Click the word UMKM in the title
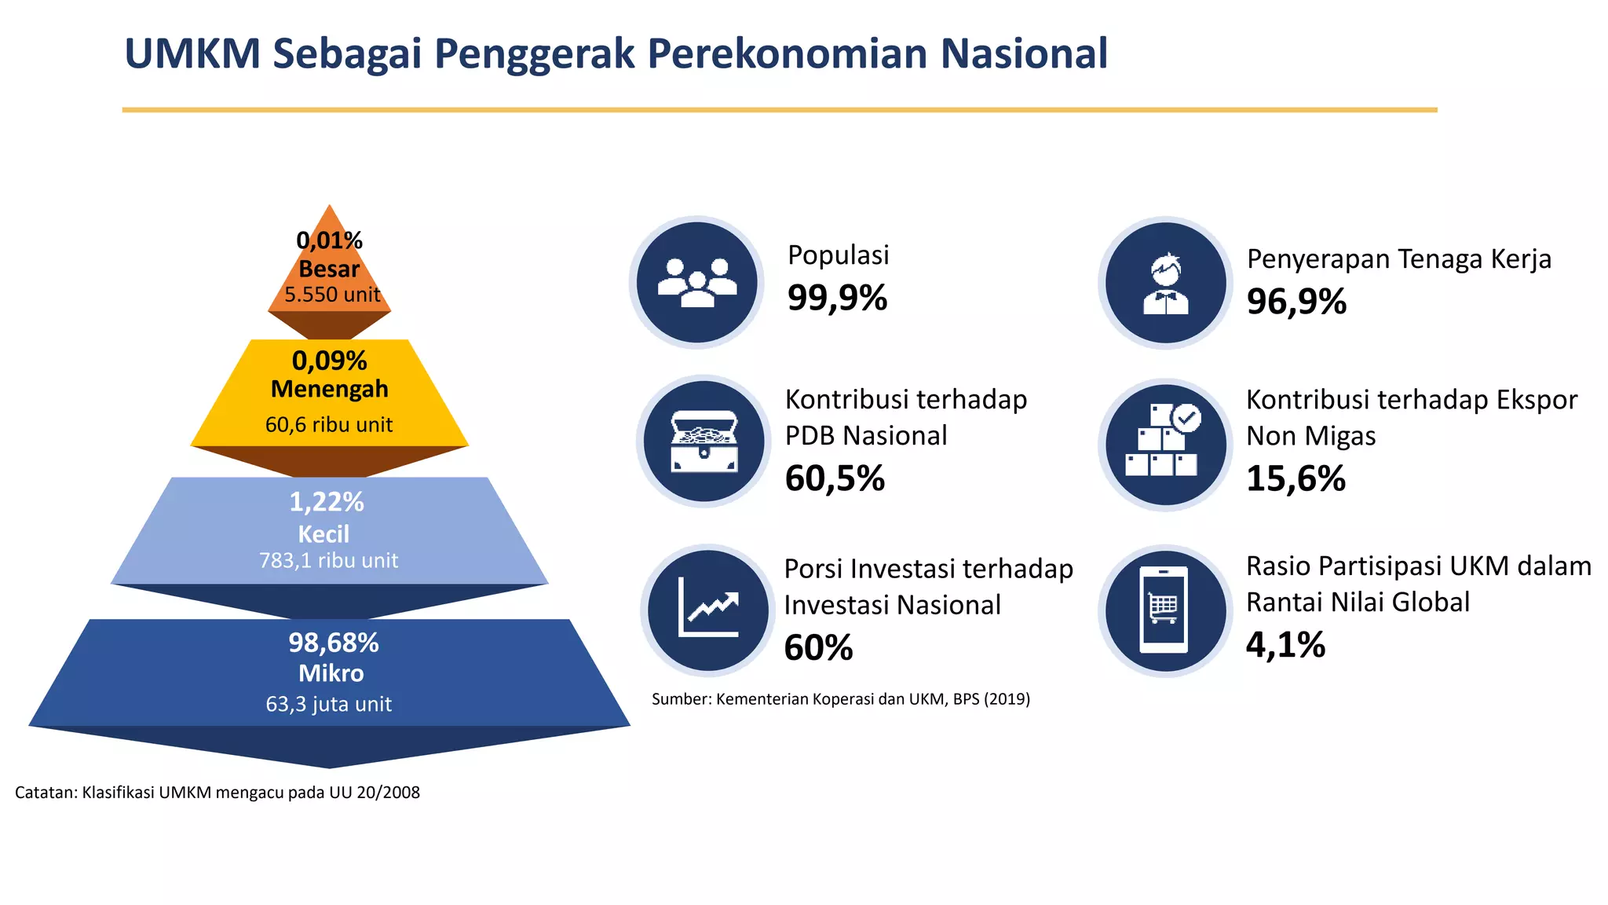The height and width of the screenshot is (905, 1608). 192,54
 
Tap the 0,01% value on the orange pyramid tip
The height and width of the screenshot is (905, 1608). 329,240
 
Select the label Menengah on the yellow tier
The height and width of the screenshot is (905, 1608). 329,389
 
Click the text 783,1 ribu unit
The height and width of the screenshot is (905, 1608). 328,560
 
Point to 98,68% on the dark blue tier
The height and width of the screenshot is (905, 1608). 333,643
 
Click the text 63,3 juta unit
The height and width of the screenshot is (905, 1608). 328,704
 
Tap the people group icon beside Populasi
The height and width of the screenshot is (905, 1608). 696,282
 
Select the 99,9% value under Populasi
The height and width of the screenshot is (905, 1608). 837,298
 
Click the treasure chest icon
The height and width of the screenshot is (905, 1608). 703,442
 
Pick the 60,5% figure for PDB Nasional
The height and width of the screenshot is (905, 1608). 835,478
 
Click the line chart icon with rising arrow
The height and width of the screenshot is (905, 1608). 707,610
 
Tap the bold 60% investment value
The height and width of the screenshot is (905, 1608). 818,648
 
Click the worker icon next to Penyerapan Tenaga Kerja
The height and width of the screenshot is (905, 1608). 1165,283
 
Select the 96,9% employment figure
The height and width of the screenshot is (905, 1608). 1296,302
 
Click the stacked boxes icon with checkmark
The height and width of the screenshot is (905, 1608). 1165,443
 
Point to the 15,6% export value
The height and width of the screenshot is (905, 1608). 1296,478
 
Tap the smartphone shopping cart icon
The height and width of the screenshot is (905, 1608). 1164,610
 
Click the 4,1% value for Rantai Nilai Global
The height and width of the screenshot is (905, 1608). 1285,645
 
